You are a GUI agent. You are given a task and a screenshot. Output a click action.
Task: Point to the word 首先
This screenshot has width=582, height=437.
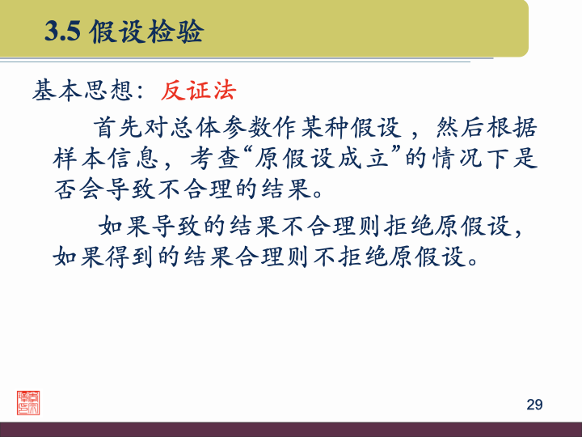pyautogui.click(x=118, y=127)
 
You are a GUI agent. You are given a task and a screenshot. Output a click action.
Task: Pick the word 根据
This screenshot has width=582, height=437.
pyautogui.click(x=515, y=127)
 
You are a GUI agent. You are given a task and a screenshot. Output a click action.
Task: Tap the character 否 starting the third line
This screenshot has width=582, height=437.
pyautogui.click(x=65, y=190)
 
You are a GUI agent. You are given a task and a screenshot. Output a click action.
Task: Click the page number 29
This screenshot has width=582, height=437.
pyautogui.click(x=534, y=405)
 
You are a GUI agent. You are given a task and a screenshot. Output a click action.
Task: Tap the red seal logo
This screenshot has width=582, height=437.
pyautogui.click(x=28, y=402)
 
